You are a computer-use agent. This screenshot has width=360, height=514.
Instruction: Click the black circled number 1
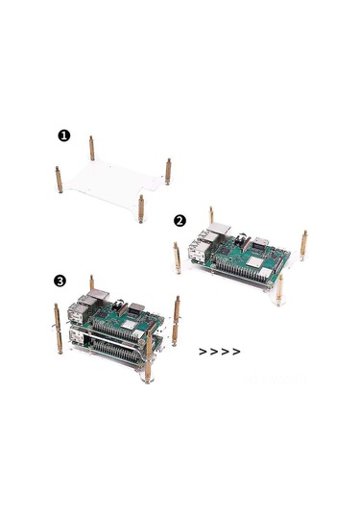coord(64,135)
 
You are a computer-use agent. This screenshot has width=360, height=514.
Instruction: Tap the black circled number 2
coord(180,219)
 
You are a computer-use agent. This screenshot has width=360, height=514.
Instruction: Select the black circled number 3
coord(60,281)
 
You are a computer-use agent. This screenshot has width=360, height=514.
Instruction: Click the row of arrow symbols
coord(219,352)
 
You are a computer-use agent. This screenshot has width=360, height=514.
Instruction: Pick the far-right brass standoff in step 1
coord(169,171)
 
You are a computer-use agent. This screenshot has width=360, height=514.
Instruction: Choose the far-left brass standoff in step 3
coord(58,327)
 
